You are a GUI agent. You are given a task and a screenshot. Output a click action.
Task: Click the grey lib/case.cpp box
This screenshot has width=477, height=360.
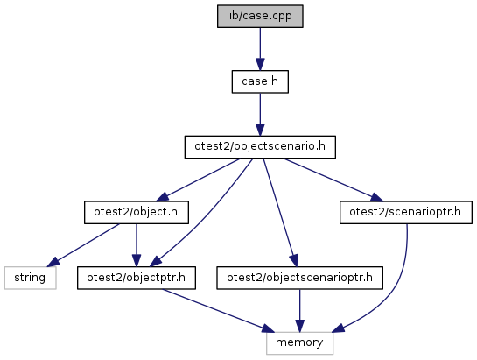click(x=260, y=16)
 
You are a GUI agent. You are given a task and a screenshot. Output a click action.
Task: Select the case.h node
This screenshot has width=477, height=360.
click(x=260, y=81)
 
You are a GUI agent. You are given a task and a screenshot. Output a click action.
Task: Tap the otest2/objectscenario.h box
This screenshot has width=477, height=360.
click(x=260, y=147)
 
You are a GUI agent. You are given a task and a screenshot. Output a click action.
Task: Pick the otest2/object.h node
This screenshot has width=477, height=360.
click(x=137, y=212)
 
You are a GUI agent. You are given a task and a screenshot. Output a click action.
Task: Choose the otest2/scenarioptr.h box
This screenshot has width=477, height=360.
click(x=406, y=212)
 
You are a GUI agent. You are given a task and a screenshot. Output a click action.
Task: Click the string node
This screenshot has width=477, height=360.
click(x=30, y=278)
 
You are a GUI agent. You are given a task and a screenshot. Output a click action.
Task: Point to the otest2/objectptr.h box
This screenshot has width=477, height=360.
click(x=137, y=278)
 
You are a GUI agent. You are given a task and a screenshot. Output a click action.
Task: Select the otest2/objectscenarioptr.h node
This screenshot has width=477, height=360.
click(x=299, y=278)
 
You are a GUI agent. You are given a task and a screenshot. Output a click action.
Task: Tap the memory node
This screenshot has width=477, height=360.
click(x=299, y=343)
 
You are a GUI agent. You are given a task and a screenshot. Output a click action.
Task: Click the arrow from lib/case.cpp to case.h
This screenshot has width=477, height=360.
click(x=260, y=49)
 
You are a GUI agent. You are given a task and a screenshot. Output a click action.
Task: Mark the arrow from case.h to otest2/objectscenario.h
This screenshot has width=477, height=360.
click(x=260, y=115)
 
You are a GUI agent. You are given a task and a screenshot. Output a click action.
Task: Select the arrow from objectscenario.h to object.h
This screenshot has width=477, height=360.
click(x=198, y=180)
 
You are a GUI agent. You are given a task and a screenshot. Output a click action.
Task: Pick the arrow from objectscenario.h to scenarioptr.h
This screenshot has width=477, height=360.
click(x=333, y=180)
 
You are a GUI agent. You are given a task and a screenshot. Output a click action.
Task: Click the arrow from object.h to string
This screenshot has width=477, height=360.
click(x=84, y=245)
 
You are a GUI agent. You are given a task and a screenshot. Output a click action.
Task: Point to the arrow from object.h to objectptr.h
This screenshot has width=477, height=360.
click(x=137, y=245)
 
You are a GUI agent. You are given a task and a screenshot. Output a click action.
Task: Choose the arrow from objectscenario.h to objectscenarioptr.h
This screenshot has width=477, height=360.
click(x=280, y=213)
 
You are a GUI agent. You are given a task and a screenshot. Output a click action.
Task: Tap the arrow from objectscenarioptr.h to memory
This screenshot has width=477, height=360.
click(x=299, y=311)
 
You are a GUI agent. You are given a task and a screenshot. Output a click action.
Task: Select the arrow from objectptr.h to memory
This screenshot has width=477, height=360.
click(x=218, y=311)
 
